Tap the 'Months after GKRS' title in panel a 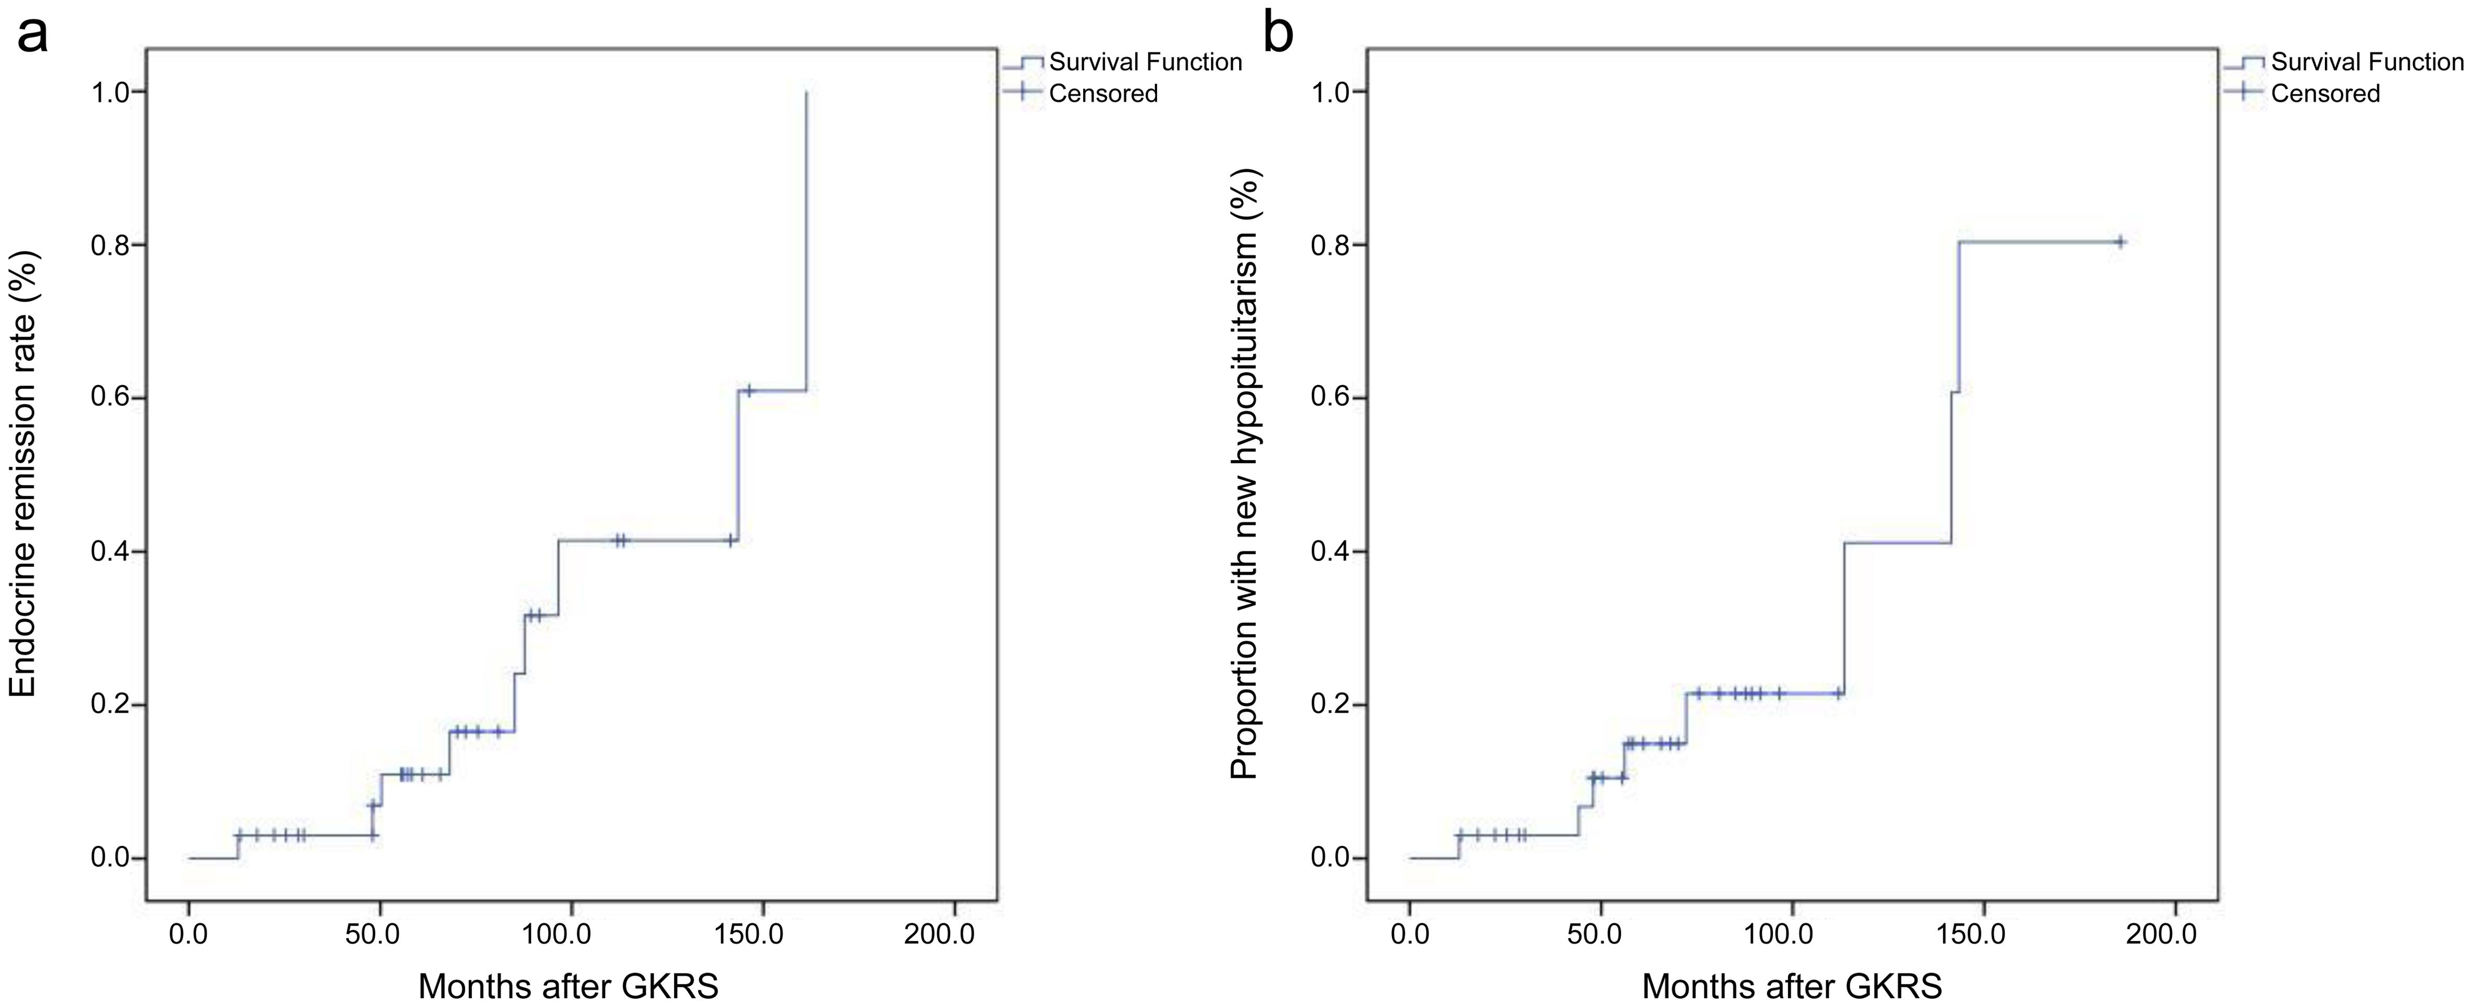tap(568, 986)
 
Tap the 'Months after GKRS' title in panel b tap(1792, 986)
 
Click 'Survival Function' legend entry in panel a tap(1145, 62)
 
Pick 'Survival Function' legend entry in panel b tap(2366, 62)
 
